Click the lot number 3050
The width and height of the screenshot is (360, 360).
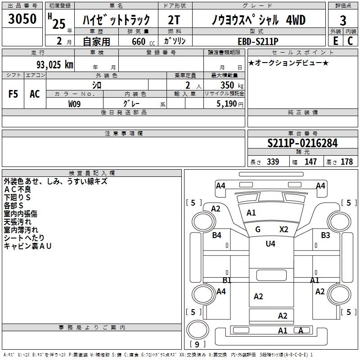pyautogui.click(x=22, y=19)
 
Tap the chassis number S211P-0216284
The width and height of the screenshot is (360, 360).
pyautogui.click(x=302, y=143)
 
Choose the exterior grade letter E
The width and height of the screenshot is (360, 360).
pyautogui.click(x=335, y=40)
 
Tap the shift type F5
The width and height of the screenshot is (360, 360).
pyautogui.click(x=13, y=94)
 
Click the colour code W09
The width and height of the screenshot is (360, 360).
pyautogui.click(x=74, y=103)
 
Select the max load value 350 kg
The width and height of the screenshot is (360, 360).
pyautogui.click(x=229, y=85)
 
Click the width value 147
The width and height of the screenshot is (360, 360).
pyautogui.click(x=310, y=162)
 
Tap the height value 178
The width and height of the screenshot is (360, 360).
pyautogui.click(x=346, y=162)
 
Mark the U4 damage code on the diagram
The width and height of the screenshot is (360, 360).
pyautogui.click(x=270, y=244)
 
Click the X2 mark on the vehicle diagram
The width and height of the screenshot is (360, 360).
pyautogui.click(x=283, y=229)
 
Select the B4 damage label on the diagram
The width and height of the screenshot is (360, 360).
pyautogui.click(x=217, y=235)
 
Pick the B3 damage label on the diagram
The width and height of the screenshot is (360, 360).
pyautogui.click(x=326, y=235)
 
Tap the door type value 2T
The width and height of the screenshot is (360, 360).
pyautogui.click(x=175, y=20)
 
